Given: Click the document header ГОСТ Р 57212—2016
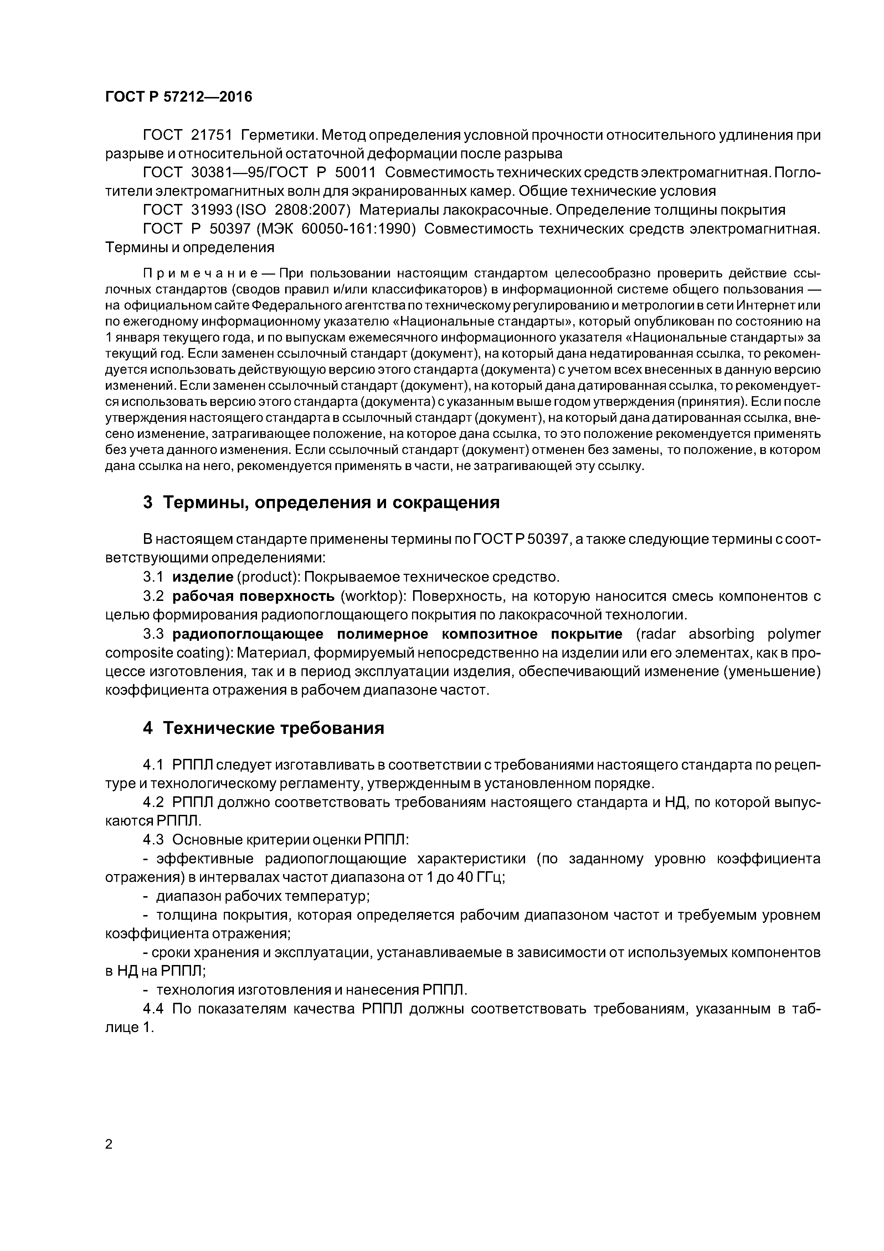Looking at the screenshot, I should click(179, 97).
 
